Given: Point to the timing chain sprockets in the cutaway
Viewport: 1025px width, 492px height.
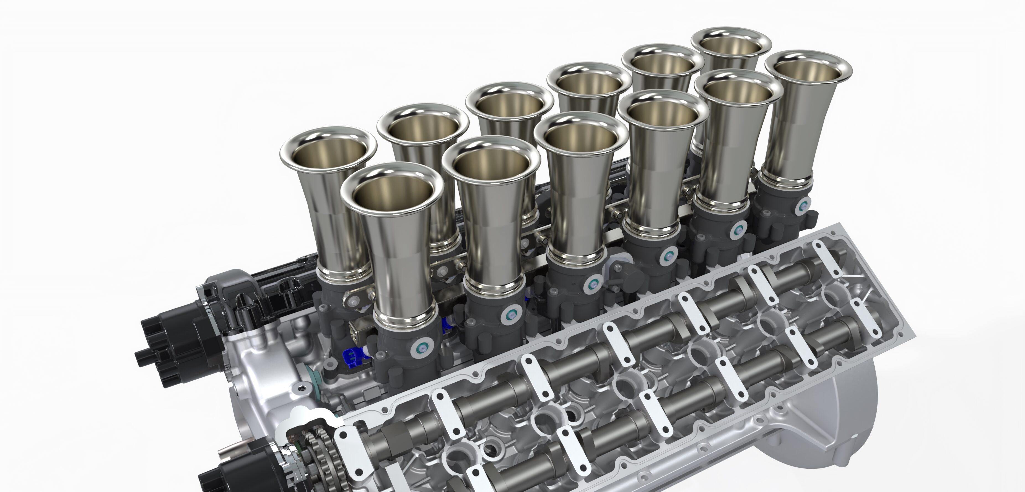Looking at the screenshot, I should (314, 454).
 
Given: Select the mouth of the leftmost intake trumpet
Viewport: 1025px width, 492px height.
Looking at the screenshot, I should (328, 153).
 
